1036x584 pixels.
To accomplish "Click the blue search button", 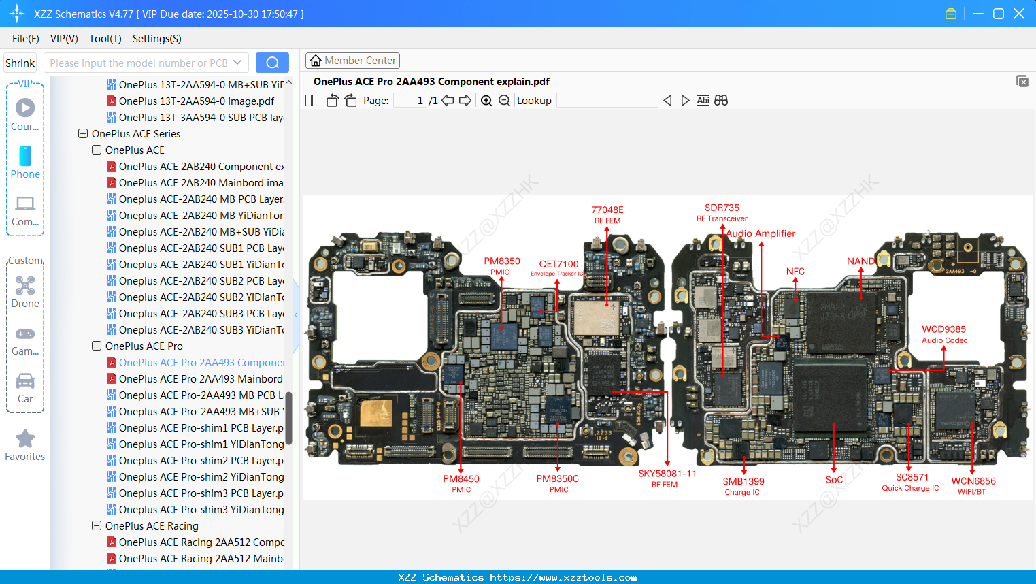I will (x=272, y=63).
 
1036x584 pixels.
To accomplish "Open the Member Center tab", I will (x=352, y=61).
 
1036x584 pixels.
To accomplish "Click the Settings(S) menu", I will (x=156, y=39).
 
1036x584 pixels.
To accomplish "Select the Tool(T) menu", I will (x=105, y=39).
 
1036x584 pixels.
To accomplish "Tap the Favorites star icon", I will (x=25, y=440).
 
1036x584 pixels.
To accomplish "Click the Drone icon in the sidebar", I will (x=25, y=286).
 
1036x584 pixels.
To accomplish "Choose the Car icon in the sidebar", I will (x=25, y=381).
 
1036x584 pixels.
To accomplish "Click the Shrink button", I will (x=20, y=63).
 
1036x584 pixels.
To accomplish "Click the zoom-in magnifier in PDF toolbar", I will (x=486, y=101).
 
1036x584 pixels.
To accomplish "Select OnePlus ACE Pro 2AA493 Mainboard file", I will (x=201, y=379).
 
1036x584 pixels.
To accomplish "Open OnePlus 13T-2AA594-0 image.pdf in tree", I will (x=196, y=101).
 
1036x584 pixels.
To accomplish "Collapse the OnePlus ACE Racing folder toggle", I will (x=97, y=526).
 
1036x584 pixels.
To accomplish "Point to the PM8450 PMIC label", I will (x=461, y=483).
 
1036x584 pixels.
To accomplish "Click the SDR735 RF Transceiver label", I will (x=722, y=212).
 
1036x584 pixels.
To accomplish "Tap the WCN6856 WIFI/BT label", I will (x=973, y=485).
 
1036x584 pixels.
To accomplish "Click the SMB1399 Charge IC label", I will (x=743, y=486).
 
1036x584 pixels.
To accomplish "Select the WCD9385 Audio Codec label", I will (x=943, y=334).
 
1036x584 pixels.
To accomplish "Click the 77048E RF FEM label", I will (x=607, y=214).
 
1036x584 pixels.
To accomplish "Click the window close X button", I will (x=1018, y=14).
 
